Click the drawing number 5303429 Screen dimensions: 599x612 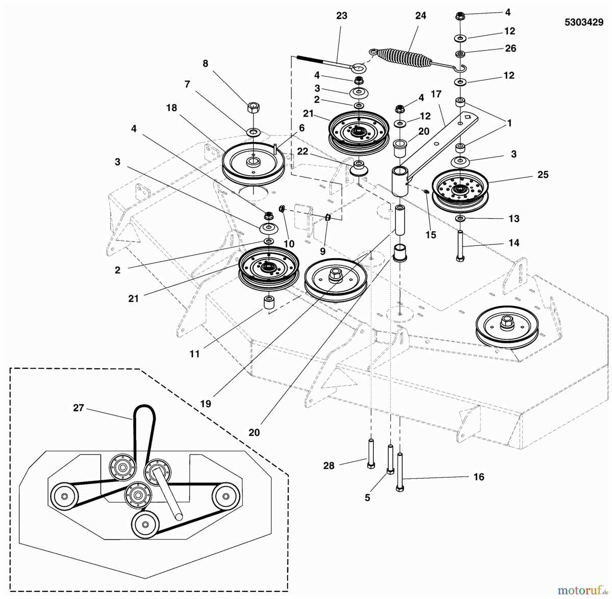tap(583, 22)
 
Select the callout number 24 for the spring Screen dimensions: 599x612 tap(420, 16)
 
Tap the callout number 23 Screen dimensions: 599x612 tap(342, 16)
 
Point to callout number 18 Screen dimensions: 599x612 tap(171, 108)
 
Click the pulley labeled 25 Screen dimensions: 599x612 tap(460, 191)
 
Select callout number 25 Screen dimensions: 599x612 tap(543, 175)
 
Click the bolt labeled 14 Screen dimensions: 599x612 tap(460, 246)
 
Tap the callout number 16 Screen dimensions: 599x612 tap(478, 477)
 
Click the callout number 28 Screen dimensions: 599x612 tap(329, 466)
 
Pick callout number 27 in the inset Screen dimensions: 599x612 tap(78, 408)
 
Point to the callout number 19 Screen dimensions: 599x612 tap(206, 404)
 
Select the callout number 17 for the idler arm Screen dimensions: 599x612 tap(436, 94)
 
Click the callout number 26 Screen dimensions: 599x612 tap(510, 48)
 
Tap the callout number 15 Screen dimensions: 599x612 tap(431, 235)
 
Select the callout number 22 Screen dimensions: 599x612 tap(302, 152)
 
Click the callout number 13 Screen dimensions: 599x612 tap(514, 219)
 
